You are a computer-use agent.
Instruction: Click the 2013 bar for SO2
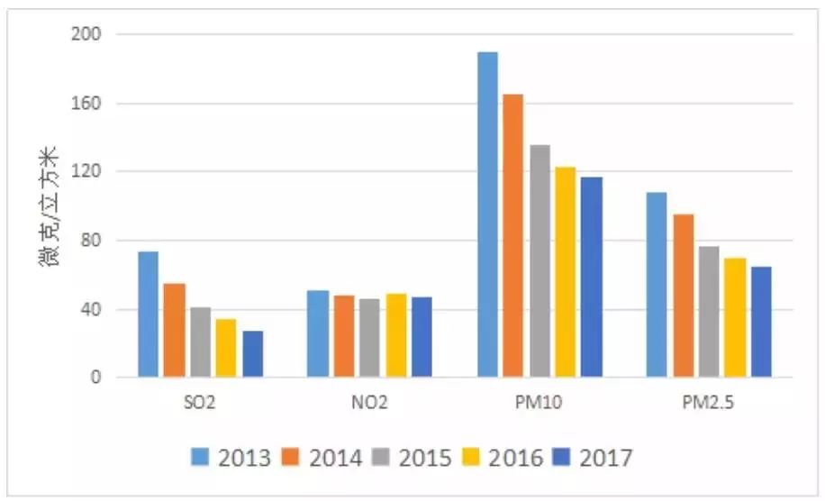click(x=148, y=314)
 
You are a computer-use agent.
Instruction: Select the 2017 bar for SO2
click(x=253, y=354)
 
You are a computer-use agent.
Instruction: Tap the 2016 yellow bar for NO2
click(x=396, y=335)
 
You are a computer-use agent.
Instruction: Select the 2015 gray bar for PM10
click(x=540, y=261)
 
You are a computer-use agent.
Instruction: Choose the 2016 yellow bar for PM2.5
click(x=735, y=317)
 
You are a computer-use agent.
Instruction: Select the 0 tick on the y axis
click(x=98, y=378)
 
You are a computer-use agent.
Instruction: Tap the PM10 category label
click(x=539, y=403)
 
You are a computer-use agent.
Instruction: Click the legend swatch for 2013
click(x=201, y=458)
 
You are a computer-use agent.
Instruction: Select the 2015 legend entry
click(x=414, y=458)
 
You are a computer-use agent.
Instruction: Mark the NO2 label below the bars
click(x=369, y=403)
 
